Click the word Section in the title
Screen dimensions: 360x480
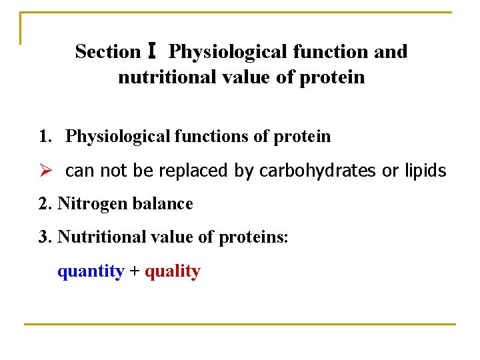(x=107, y=51)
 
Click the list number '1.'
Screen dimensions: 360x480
(x=45, y=137)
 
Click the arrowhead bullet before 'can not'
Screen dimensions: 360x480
(x=45, y=171)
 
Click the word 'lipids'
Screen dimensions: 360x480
(x=425, y=171)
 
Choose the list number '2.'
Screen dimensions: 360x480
(x=45, y=203)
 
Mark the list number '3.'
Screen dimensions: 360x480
(x=45, y=237)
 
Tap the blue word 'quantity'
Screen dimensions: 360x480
(x=91, y=271)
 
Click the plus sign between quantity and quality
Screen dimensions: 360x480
(x=134, y=271)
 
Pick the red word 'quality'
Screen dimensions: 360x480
(x=172, y=271)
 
